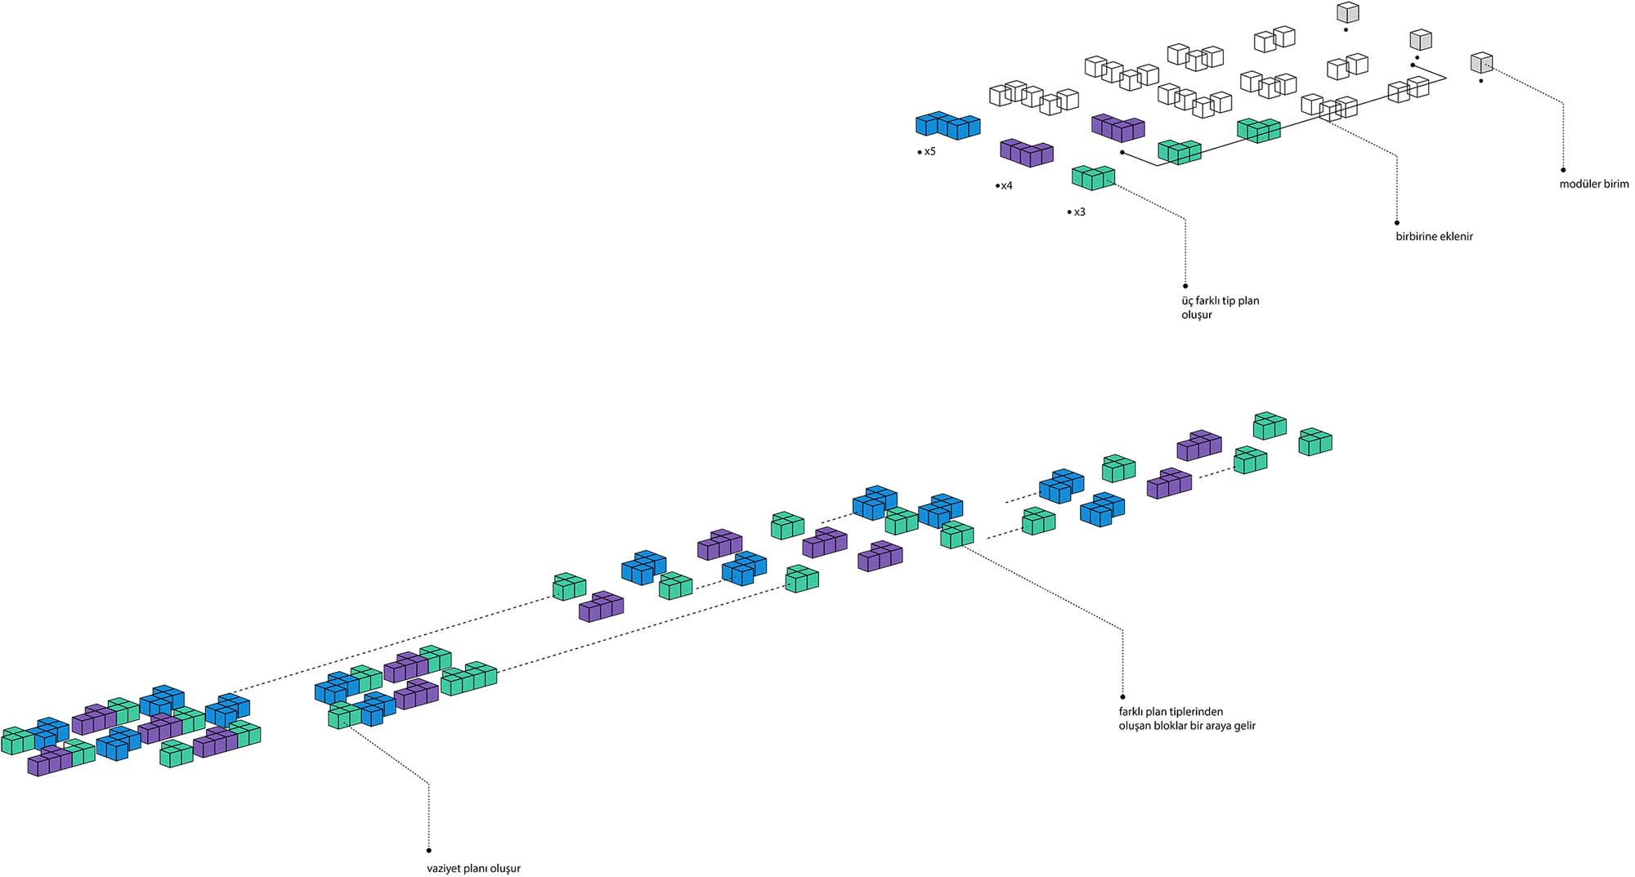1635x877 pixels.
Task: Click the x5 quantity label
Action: click(x=929, y=152)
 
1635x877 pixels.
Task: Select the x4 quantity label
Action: click(x=1006, y=186)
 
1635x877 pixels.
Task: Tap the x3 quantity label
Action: click(x=1079, y=213)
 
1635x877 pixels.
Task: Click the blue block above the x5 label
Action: click(x=947, y=125)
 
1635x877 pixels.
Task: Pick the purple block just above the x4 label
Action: click(x=1026, y=152)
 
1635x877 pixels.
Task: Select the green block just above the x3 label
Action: click(x=1093, y=177)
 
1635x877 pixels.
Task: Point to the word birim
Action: click(x=1616, y=185)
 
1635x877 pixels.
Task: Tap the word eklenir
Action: click(x=1456, y=237)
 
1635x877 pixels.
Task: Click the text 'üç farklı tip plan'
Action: click(x=1220, y=301)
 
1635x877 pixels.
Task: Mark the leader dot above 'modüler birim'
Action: click(x=1563, y=170)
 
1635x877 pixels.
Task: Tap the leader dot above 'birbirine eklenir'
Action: click(x=1397, y=222)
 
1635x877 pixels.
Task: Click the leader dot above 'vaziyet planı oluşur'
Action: click(x=429, y=851)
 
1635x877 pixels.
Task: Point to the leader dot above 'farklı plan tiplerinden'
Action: click(x=1122, y=697)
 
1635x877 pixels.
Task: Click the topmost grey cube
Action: click(x=1348, y=12)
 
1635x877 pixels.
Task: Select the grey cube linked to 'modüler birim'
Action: click(x=1481, y=62)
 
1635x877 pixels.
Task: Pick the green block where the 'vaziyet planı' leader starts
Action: click(x=344, y=716)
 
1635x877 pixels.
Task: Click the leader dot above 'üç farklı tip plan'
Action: click(x=1185, y=286)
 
